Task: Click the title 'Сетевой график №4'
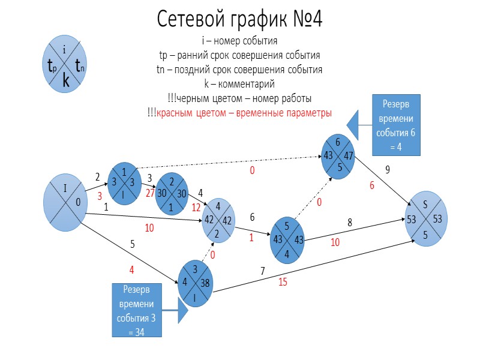pyautogui.click(x=239, y=19)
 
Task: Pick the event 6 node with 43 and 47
pyautogui.click(x=339, y=155)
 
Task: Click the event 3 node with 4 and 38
pyautogui.click(x=196, y=282)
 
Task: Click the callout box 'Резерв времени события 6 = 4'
pyautogui.click(x=396, y=124)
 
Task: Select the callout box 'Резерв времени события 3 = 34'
pyautogui.click(x=138, y=310)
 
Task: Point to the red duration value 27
pyautogui.click(x=150, y=193)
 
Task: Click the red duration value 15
pyautogui.click(x=283, y=281)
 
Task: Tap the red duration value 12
pyautogui.click(x=196, y=208)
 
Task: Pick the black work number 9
pyautogui.click(x=387, y=170)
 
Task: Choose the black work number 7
pyautogui.click(x=262, y=271)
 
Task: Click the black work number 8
pyautogui.click(x=350, y=222)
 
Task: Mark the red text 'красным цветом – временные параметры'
pyautogui.click(x=244, y=113)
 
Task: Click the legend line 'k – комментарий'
pyautogui.click(x=239, y=84)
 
